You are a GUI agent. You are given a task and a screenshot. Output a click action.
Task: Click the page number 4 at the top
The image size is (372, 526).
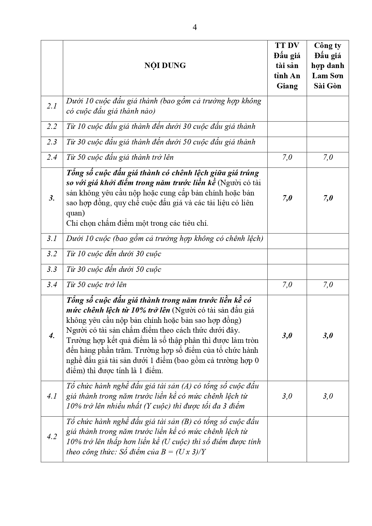click(x=195, y=28)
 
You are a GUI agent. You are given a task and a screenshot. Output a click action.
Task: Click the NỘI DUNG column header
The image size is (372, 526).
click(x=165, y=66)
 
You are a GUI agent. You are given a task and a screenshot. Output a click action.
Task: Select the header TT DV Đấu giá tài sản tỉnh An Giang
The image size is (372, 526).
click(x=287, y=66)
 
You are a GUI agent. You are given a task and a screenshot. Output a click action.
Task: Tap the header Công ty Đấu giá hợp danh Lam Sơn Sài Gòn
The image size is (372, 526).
click(x=328, y=66)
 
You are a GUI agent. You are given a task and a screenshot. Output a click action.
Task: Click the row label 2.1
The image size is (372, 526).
click(x=52, y=106)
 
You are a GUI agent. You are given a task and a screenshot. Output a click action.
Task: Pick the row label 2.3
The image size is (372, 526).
click(x=52, y=142)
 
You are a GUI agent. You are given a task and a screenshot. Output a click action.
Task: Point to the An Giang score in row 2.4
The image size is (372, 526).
click(x=287, y=157)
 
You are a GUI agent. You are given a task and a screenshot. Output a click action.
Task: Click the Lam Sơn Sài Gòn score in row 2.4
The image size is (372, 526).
click(x=328, y=157)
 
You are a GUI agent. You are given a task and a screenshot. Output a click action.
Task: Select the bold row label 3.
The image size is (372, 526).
click(x=52, y=198)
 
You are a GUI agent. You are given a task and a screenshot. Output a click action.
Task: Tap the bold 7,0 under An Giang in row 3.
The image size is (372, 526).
click(x=287, y=198)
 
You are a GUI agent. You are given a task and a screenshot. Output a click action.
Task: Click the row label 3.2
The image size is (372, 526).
click(x=52, y=254)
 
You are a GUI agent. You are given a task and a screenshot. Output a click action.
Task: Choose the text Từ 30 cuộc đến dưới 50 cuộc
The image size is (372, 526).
click(x=114, y=269)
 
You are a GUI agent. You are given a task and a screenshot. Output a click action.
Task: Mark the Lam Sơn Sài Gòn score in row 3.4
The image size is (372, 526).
click(x=328, y=285)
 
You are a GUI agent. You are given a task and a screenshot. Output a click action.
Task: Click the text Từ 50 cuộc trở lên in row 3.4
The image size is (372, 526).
click(x=97, y=285)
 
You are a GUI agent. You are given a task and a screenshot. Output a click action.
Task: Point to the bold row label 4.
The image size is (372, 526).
click(x=52, y=336)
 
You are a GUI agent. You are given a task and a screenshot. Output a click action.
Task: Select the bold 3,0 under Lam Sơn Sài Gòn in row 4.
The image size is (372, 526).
click(x=328, y=336)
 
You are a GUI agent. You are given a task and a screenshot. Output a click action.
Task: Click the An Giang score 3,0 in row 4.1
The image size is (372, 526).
click(x=287, y=396)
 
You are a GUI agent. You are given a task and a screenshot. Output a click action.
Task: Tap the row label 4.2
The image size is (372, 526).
click(x=52, y=437)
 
